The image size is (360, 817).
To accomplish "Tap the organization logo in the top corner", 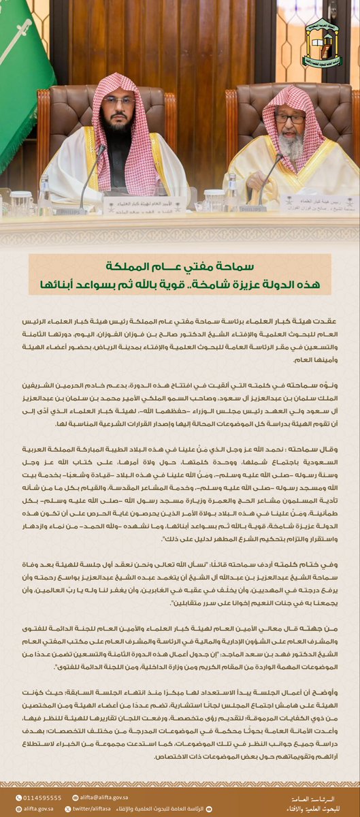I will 323,42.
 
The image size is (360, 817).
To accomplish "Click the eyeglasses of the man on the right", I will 290,118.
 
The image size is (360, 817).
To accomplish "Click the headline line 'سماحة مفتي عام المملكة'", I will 180,266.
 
